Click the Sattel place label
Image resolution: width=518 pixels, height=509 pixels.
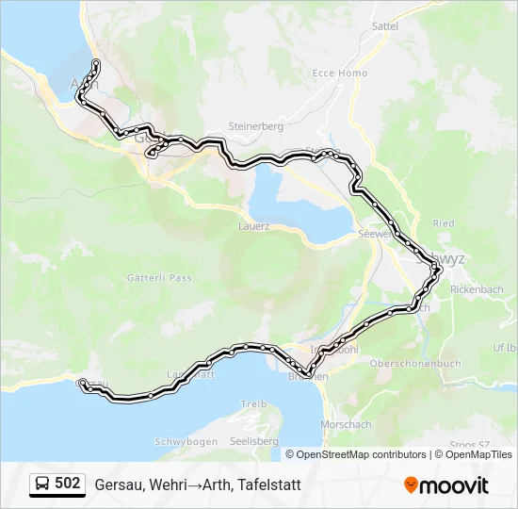[385, 26]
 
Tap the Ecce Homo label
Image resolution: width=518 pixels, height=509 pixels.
[340, 74]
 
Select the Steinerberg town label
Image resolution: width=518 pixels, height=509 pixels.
[256, 125]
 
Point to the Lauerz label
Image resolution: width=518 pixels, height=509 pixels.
[254, 226]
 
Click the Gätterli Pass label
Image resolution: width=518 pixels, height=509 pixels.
[159, 278]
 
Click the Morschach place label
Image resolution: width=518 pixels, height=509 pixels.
[346, 425]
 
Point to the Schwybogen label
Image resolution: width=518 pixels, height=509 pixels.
[186, 441]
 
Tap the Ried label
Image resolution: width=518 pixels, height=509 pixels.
[444, 223]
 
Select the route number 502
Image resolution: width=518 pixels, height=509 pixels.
[68, 484]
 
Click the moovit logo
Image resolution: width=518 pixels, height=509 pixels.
[446, 485]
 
